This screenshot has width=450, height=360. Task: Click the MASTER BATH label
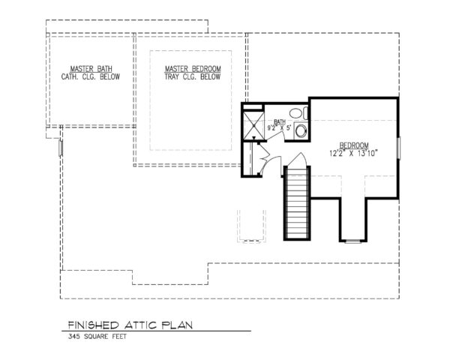[87, 68]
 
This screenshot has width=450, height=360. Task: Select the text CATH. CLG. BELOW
[87, 76]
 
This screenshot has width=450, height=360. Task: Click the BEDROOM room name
[354, 145]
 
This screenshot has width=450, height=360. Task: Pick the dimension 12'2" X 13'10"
[354, 154]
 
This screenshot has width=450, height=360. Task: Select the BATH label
[280, 121]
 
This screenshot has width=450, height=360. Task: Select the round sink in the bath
[301, 132]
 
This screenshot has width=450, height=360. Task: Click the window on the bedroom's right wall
[399, 148]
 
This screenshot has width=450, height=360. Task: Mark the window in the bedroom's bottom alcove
[352, 241]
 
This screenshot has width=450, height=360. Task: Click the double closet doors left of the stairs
[252, 159]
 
